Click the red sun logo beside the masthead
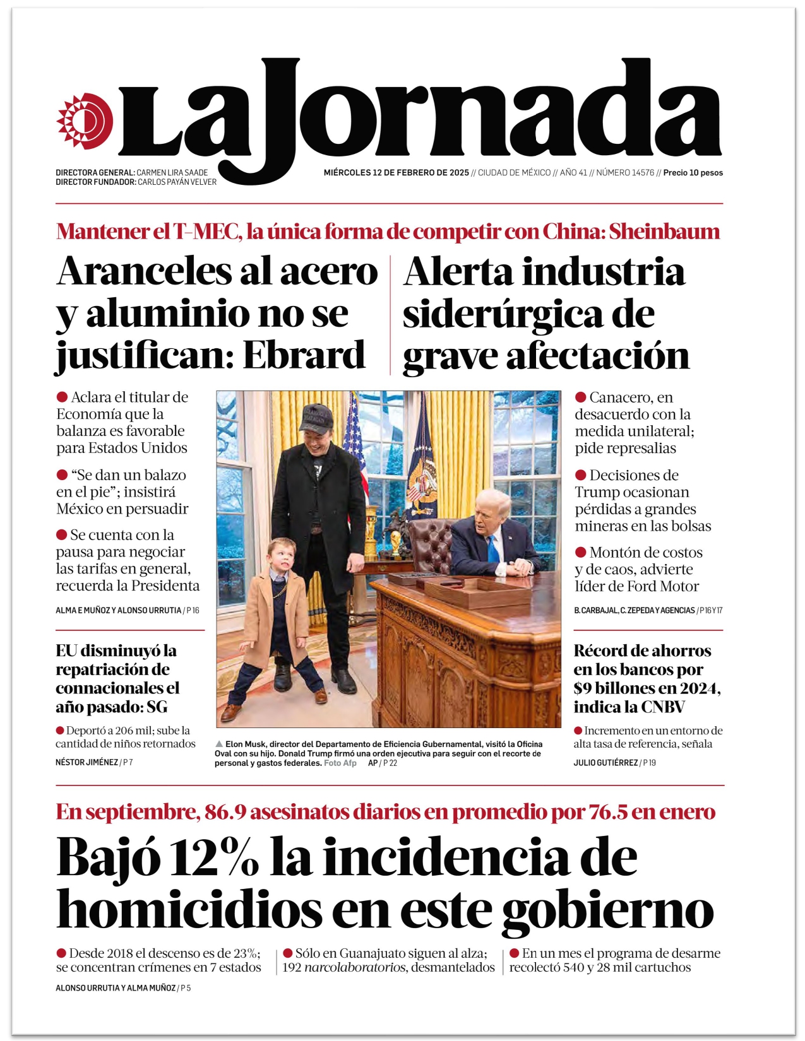coord(85,121)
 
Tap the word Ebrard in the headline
coord(304,355)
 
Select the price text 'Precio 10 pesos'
coord(693,173)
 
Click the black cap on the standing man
coord(316,416)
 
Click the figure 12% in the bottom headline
coord(215,858)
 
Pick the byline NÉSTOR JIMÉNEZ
coord(86,763)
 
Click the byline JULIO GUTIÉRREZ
coord(605,763)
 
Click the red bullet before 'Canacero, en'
coord(580,397)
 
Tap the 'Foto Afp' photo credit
coord(340,763)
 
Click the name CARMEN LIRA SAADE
coord(172,173)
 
